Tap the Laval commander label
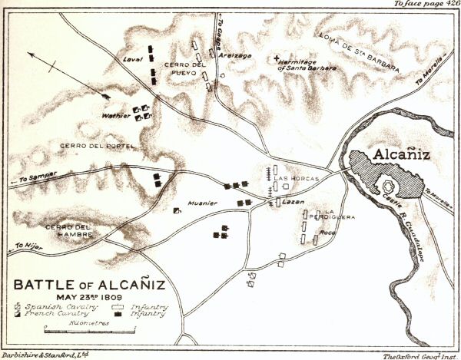click(134, 59)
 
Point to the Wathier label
click(116, 116)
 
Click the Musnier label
click(204, 203)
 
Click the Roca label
click(328, 232)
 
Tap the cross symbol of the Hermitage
click(277, 57)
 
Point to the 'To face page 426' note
click(426, 5)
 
